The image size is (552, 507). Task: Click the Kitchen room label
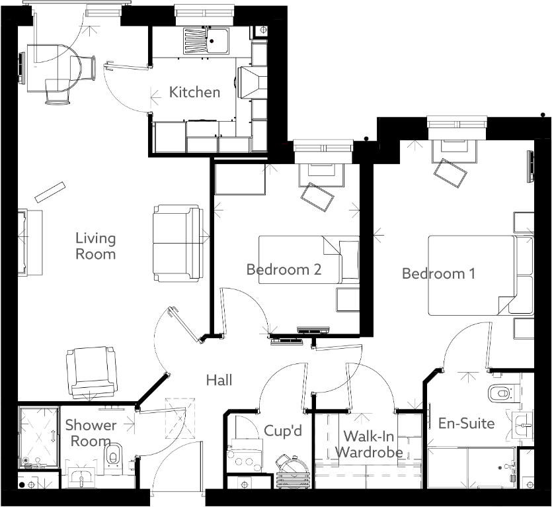(194, 92)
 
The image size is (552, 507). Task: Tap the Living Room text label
(95, 246)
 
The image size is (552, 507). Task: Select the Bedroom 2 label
(284, 269)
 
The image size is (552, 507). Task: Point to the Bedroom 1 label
(438, 273)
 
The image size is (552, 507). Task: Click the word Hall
(219, 380)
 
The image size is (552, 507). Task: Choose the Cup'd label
(283, 430)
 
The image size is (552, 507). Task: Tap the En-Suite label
(466, 423)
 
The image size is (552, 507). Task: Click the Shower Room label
(91, 433)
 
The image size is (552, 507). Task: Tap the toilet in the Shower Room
(113, 455)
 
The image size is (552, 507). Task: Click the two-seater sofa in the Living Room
(177, 243)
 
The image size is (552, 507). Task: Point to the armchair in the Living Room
(91, 372)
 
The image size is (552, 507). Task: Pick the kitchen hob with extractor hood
(252, 83)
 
